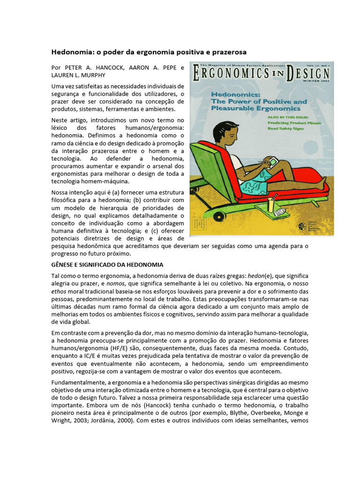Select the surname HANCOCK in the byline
pyautogui.click(x=109, y=67)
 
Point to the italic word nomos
pyautogui.click(x=117, y=284)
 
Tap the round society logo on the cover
pyautogui.click(x=302, y=226)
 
